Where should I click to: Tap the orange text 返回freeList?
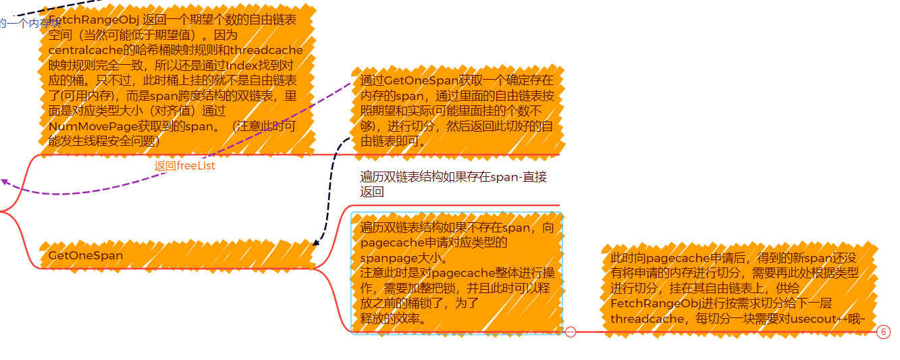[x=184, y=166]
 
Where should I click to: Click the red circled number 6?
[x=883, y=332]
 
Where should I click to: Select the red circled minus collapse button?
[x=571, y=332]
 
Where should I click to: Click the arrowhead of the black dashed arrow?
[x=315, y=244]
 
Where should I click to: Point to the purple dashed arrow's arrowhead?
[x=4, y=181]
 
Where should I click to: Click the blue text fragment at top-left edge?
[x=27, y=24]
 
